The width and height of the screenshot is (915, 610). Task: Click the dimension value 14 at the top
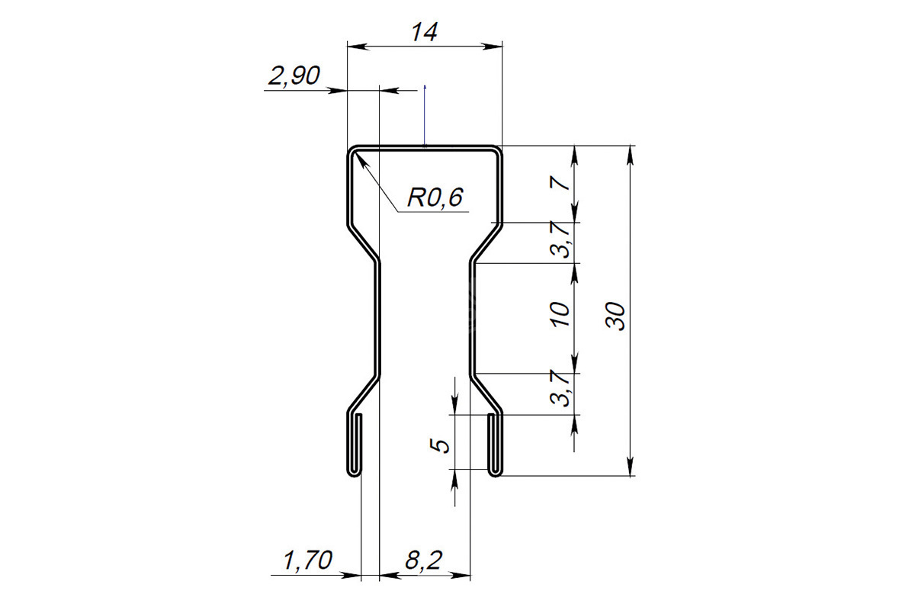pyautogui.click(x=425, y=32)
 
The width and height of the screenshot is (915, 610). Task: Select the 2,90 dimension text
pyautogui.click(x=294, y=75)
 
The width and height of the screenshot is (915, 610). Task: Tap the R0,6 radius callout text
pyautogui.click(x=435, y=197)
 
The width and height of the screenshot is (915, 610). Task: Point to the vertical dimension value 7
pyautogui.click(x=562, y=183)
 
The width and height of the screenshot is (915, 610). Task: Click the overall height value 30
pyautogui.click(x=615, y=316)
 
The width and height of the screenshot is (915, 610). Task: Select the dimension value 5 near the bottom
pyautogui.click(x=440, y=445)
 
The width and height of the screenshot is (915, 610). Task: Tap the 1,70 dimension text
pyautogui.click(x=307, y=560)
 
